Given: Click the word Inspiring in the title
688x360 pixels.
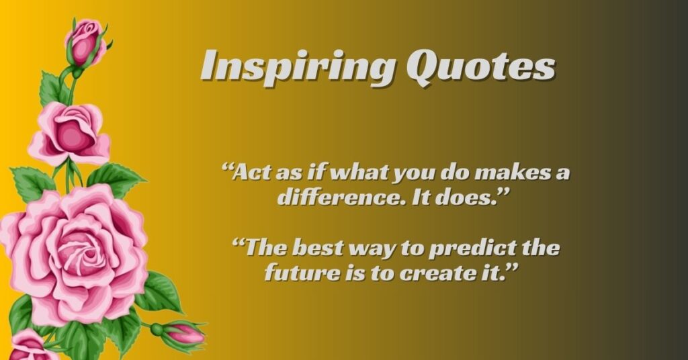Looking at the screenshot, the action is click(x=298, y=66).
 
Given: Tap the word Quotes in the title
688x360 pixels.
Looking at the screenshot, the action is click(x=480, y=66).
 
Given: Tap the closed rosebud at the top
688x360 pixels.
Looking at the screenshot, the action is click(x=85, y=42).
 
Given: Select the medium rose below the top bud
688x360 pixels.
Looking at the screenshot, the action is click(x=70, y=132).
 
